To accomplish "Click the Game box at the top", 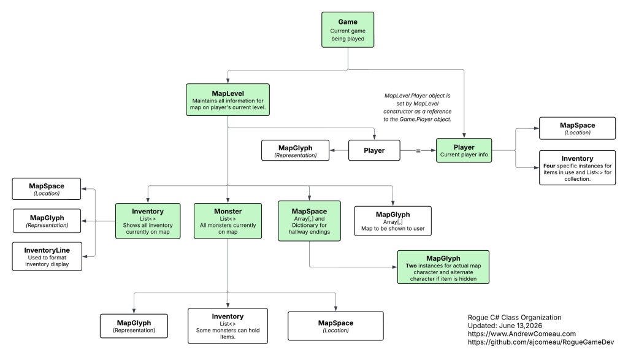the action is point(348,29).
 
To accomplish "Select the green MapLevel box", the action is point(228,100).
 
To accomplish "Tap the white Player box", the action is point(374,151).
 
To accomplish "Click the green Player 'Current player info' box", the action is point(464,151).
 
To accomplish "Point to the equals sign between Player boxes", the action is point(418,151).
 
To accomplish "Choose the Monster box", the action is point(228,221).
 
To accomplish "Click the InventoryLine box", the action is point(47,257).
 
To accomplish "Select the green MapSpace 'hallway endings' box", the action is point(309,221).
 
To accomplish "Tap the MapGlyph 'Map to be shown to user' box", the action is point(393,221).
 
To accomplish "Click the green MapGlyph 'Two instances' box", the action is point(443,267).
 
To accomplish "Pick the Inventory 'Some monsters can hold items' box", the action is point(228,326).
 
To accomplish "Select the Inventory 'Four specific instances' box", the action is point(577,168).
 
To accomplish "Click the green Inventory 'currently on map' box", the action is point(148,221).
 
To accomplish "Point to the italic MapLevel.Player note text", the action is point(417,107).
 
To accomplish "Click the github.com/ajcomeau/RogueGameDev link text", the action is point(541,342).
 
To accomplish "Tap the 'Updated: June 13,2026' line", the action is point(505,326).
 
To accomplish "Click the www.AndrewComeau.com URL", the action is point(522,334).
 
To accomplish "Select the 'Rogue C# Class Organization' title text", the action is point(515,318).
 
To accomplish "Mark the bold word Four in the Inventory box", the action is point(549,166).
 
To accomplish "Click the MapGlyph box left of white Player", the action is point(295,151).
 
